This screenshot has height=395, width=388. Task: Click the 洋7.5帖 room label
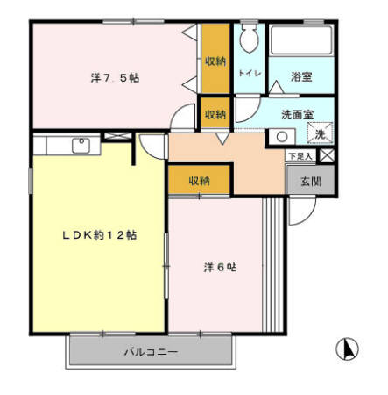[x=115, y=78]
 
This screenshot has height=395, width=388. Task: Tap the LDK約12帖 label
[x=98, y=235]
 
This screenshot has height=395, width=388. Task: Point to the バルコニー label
[x=151, y=353]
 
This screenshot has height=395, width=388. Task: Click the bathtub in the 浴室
[x=300, y=42]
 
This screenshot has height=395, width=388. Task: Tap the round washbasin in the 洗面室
[x=281, y=136]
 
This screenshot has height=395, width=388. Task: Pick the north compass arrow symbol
[x=348, y=348]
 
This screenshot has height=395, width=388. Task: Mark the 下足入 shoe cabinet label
[x=301, y=156]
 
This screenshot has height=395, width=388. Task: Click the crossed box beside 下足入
[x=326, y=155]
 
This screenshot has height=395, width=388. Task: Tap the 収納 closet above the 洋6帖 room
[x=199, y=180]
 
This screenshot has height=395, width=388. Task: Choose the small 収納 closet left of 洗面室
[x=215, y=115]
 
